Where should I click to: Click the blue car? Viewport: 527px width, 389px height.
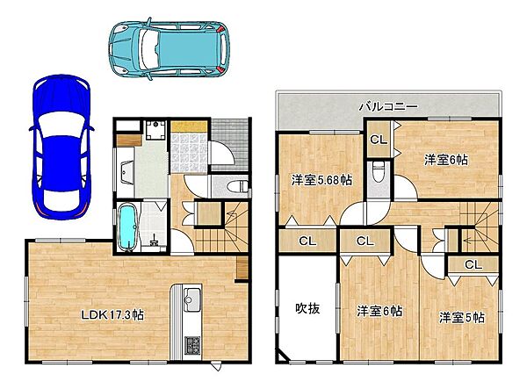click(x=61, y=148)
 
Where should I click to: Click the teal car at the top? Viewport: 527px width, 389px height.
click(x=169, y=48)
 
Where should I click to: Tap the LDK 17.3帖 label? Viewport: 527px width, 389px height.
click(x=113, y=315)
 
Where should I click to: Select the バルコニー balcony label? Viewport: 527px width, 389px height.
click(x=388, y=107)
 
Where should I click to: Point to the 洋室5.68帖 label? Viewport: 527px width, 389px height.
click(x=321, y=180)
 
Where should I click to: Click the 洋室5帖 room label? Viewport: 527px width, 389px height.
click(x=462, y=318)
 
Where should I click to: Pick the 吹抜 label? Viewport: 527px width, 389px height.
click(x=307, y=308)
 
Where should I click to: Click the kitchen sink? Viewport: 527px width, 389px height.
click(x=192, y=299)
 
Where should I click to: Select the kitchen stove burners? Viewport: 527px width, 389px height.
click(x=192, y=345)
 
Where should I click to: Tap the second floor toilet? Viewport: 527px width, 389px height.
click(x=379, y=171)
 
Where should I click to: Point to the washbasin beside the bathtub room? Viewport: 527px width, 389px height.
click(x=126, y=172)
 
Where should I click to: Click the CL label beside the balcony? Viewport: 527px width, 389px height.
click(x=379, y=140)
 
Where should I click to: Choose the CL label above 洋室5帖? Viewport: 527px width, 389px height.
click(x=473, y=265)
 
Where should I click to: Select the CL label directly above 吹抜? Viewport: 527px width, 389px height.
click(x=307, y=241)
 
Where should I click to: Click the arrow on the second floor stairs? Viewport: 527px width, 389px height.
click(x=475, y=240)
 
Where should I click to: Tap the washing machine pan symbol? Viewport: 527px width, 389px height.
click(x=155, y=130)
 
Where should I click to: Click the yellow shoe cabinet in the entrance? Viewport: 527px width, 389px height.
click(x=188, y=126)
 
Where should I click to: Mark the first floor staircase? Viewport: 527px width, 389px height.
click(x=221, y=227)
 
